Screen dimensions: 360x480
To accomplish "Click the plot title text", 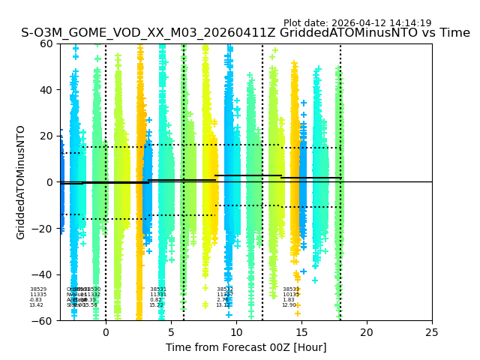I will click(x=245, y=33).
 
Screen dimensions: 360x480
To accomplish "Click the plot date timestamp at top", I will click(x=357, y=23).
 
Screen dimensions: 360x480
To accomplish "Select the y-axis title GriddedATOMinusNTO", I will click(x=21, y=182).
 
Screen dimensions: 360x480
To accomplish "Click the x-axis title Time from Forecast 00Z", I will click(x=246, y=347).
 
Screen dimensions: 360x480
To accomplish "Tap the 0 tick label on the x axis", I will click(x=106, y=331).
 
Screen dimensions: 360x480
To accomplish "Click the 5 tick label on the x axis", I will click(x=171, y=331).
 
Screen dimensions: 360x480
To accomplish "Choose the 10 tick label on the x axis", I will click(x=236, y=331).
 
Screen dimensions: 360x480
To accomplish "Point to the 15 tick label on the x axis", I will click(x=301, y=331).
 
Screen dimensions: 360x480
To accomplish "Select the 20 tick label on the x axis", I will click(x=367, y=331).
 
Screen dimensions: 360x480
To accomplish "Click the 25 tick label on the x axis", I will click(x=432, y=331).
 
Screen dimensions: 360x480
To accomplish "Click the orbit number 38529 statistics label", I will click(x=37, y=289).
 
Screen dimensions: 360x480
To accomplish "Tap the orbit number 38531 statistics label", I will click(x=157, y=289).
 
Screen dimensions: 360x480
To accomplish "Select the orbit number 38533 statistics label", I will click(x=290, y=289).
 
